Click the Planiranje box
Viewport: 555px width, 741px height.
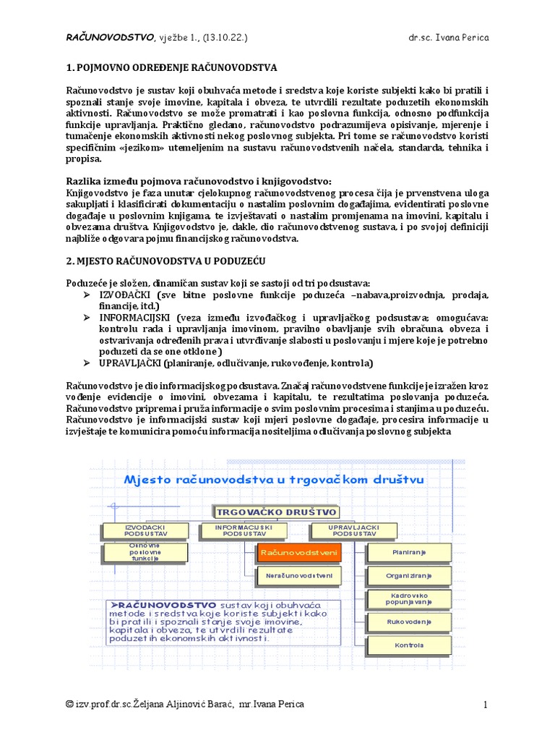click(x=409, y=553)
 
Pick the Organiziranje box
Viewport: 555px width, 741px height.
click(x=409, y=576)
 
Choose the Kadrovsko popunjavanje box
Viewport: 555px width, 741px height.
click(x=409, y=598)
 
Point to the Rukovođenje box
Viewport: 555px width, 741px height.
click(x=409, y=622)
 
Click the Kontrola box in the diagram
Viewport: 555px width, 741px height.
click(x=409, y=645)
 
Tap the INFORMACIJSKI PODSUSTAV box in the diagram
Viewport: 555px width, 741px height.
click(x=244, y=531)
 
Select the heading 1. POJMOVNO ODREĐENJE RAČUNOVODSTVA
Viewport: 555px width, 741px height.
click(x=171, y=68)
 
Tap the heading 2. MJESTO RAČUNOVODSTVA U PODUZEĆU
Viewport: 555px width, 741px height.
click(x=168, y=260)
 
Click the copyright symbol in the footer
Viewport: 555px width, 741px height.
click(x=69, y=704)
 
